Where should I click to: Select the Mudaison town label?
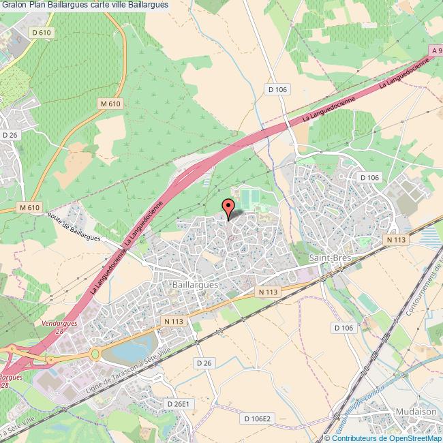[x=414, y=412]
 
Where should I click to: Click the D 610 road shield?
[x=42, y=33]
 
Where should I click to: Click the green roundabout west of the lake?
[x=95, y=354]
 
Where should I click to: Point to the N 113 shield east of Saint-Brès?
[x=396, y=239]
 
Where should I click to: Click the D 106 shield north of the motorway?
[x=277, y=89]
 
